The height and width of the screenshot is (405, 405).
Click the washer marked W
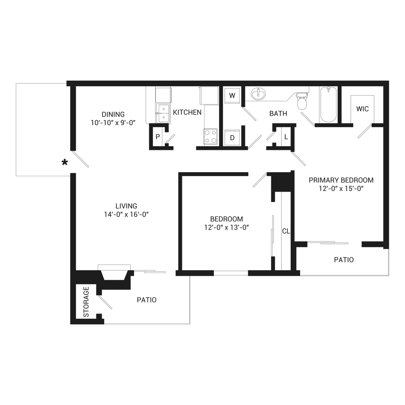pos(232,96)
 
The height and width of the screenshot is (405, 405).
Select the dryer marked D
pos(232,137)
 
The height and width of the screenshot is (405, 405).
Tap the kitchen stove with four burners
pos(210,136)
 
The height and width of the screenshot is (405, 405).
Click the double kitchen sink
pos(163,112)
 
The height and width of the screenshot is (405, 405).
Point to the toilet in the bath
pos(302,101)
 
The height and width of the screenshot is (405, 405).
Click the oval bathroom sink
pos(258,94)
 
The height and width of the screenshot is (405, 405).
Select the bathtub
pos(328,105)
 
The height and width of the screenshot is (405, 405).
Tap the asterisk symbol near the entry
pos(64,162)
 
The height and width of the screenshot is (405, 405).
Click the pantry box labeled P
pos(158,137)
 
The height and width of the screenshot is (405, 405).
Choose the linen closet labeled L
pos(286,137)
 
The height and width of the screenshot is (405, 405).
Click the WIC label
pos(362,109)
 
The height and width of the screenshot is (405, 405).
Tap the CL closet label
pos(286,231)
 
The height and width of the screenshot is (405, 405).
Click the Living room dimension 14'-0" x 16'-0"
pos(126,214)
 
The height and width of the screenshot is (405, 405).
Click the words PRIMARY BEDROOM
pos(341,180)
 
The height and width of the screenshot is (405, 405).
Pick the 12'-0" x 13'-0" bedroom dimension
pos(226,227)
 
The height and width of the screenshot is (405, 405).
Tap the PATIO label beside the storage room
pos(147,300)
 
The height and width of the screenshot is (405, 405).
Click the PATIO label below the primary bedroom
pos(343,260)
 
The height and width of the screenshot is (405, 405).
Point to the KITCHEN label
pos(187,112)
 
